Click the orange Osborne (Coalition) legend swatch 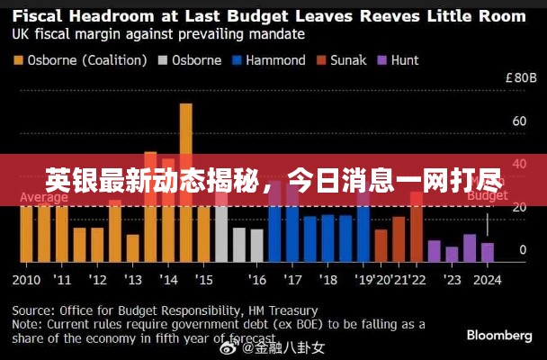click(x=19, y=60)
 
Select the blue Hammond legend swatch click(x=238, y=60)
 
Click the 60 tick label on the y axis click(x=519, y=121)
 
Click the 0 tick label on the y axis click(x=523, y=250)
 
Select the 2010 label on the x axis click(x=27, y=278)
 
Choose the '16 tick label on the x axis click(x=257, y=278)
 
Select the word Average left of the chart click(x=44, y=198)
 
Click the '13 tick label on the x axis click(x=133, y=278)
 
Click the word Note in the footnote click(x=26, y=322)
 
